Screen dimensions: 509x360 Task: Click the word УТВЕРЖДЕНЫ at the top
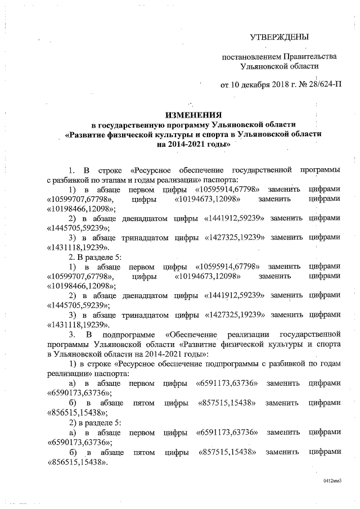[x=280, y=38]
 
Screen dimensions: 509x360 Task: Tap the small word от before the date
[x=224, y=85]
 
